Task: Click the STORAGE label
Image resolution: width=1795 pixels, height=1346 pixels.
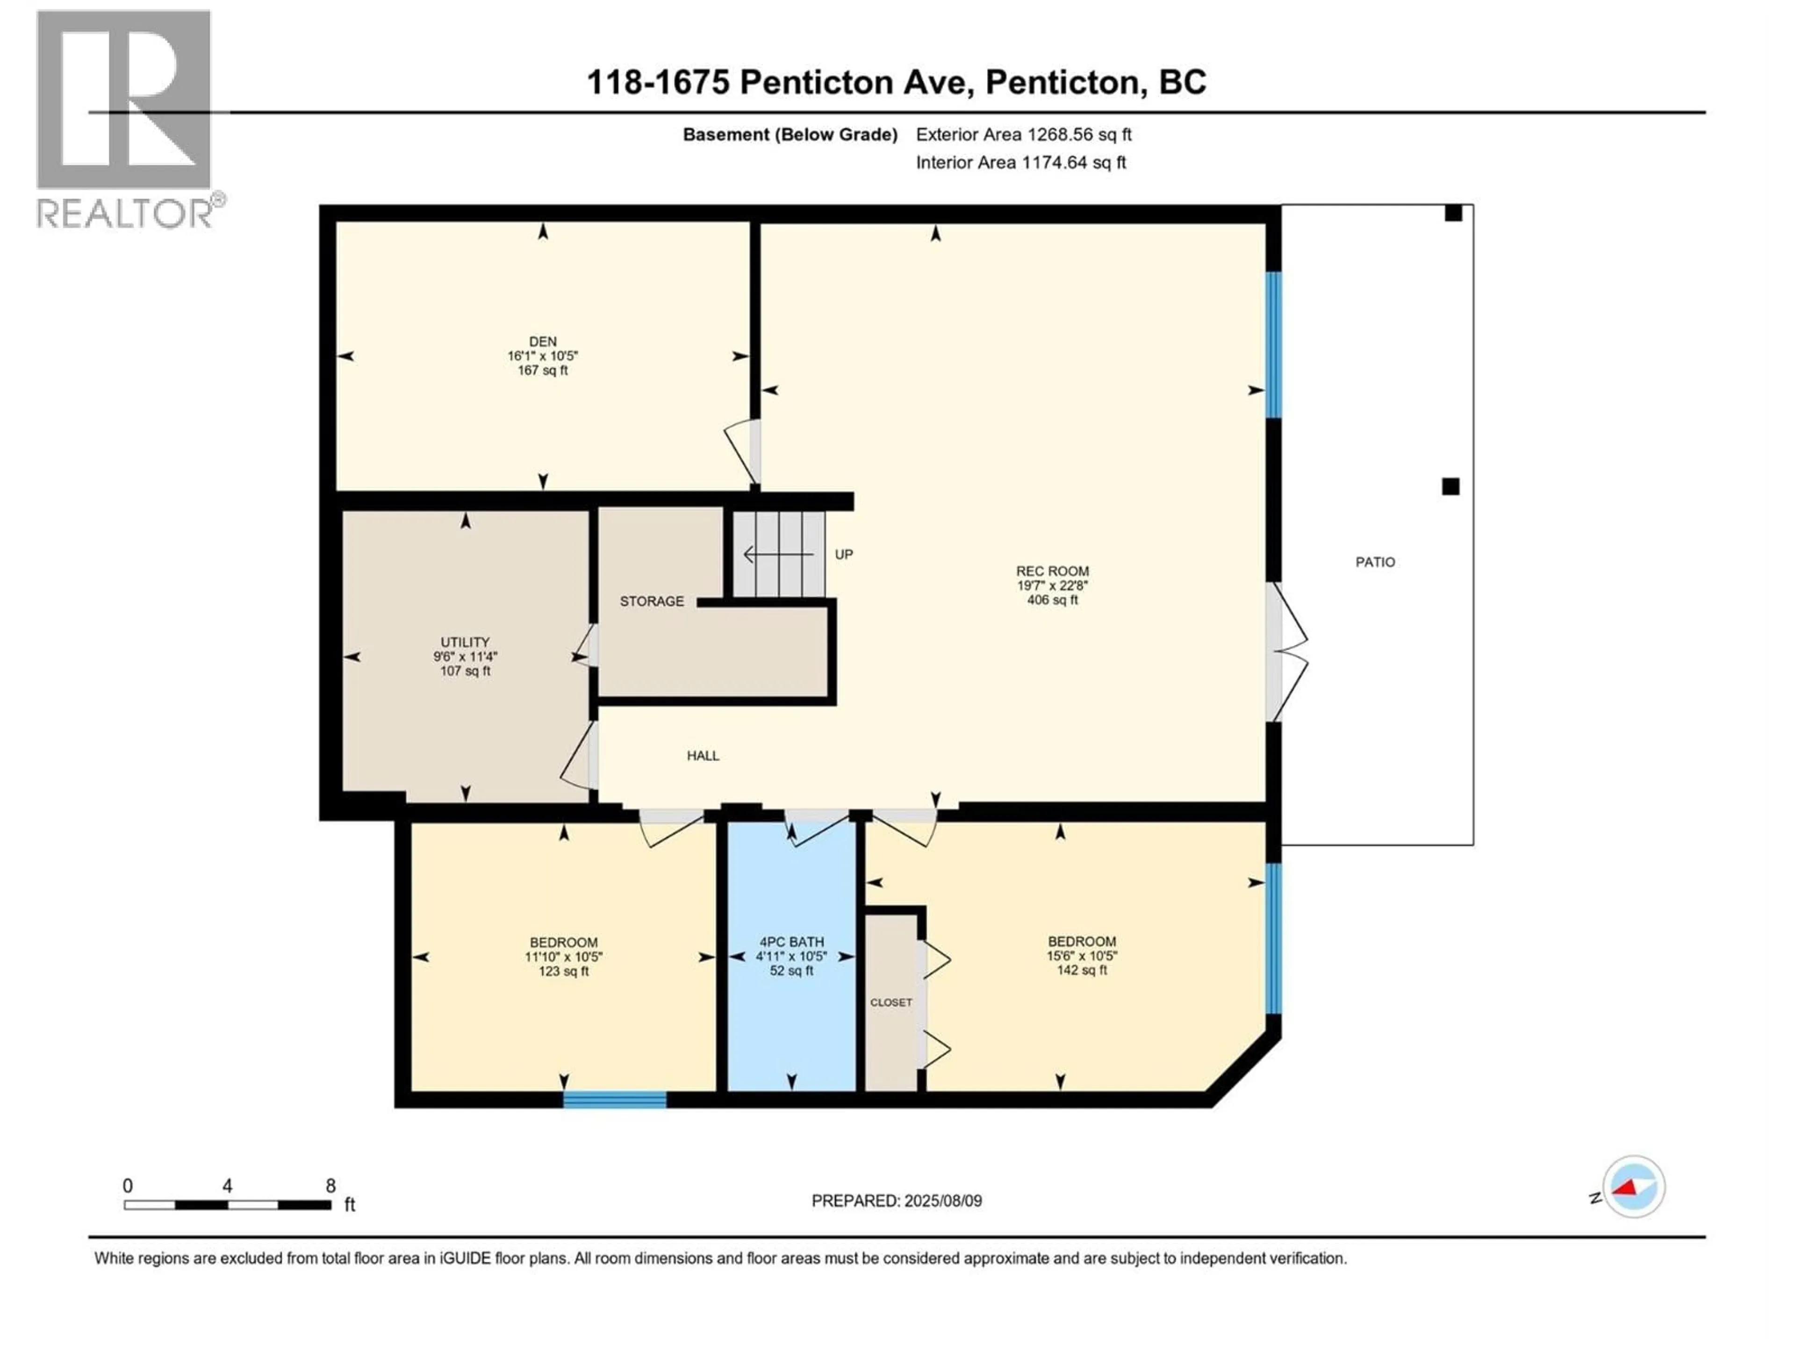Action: (x=652, y=601)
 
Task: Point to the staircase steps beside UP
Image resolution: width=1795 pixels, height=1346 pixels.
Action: (x=779, y=554)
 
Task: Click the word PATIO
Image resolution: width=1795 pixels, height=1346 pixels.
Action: (x=1375, y=561)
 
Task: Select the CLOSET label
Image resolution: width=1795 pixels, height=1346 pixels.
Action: (x=891, y=1003)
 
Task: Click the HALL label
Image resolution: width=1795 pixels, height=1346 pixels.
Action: (x=703, y=755)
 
